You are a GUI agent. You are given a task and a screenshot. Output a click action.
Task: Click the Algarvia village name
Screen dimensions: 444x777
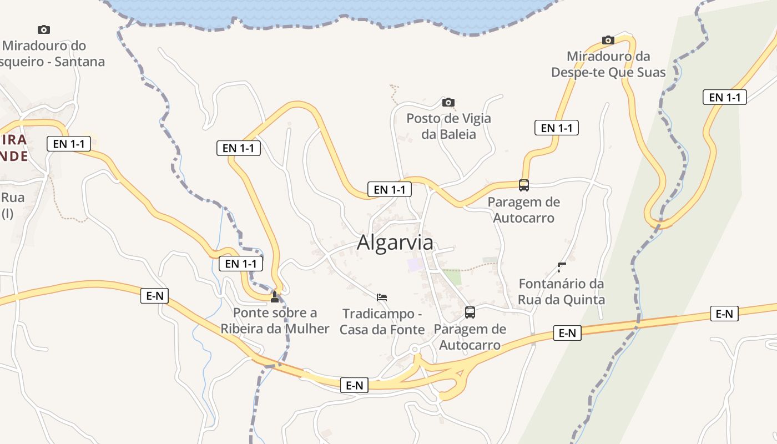coord(395,243)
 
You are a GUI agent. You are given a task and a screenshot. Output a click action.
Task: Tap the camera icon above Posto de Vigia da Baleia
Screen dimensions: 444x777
coord(448,102)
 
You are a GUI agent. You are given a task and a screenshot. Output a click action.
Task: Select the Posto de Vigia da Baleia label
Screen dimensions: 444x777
coord(448,126)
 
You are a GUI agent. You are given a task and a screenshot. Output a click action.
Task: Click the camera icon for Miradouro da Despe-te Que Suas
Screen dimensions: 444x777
coord(608,40)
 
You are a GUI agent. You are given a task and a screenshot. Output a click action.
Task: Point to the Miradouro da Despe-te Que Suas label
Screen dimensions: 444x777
coord(608,64)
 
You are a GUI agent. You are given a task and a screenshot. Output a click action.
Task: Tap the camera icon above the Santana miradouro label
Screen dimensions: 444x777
coord(43,29)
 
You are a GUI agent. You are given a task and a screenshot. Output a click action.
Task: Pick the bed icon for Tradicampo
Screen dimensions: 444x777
coord(382,297)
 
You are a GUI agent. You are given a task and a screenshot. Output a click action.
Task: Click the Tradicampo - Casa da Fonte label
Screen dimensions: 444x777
coord(382,321)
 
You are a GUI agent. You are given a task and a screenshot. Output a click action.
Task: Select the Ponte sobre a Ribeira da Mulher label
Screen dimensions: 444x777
coord(275,320)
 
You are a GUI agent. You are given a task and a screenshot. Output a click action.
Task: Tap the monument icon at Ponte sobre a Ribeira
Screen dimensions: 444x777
coord(274,297)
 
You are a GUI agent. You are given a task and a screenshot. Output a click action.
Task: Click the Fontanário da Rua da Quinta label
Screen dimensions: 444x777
coord(561,291)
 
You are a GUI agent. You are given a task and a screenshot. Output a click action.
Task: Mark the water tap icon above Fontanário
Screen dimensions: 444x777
coord(561,268)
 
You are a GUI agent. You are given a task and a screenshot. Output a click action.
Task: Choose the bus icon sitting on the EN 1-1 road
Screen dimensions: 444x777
coord(523,185)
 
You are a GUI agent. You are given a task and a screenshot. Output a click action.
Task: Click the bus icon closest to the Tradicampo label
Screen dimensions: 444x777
coord(470,312)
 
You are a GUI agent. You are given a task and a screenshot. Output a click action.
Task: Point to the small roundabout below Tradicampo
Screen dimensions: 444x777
coord(415,349)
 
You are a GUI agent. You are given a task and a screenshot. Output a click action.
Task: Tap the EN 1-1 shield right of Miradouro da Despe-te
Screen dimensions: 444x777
coord(724,97)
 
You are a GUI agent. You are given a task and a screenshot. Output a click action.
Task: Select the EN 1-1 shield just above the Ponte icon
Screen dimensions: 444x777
coord(241,264)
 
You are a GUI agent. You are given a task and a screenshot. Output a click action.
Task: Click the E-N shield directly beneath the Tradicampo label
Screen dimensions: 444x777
coord(354,385)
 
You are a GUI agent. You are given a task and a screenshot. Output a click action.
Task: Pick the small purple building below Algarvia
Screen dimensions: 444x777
coord(415,264)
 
